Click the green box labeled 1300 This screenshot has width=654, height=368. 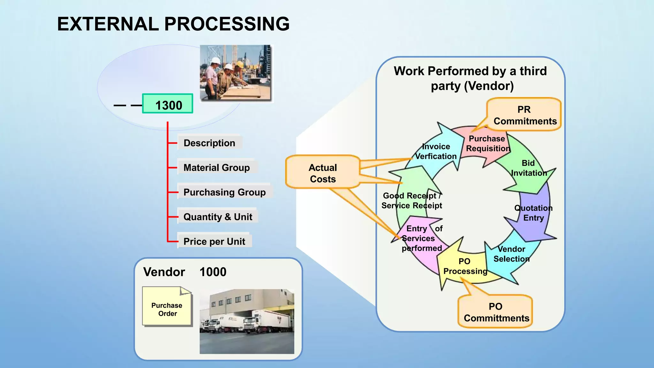tap(168, 104)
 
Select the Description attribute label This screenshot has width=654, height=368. tap(209, 143)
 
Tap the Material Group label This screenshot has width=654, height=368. tap(217, 167)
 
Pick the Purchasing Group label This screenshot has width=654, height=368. tap(224, 192)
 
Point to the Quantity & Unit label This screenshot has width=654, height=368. tap(218, 217)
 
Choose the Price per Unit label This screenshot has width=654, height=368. tap(214, 241)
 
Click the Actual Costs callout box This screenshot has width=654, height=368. tap(323, 173)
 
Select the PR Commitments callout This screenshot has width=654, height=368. tap(524, 115)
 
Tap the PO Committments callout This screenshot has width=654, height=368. tap(496, 312)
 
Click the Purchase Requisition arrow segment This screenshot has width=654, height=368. tap(487, 144)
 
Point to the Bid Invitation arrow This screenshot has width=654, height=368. tap(529, 168)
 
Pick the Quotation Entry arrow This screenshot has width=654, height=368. tap(533, 213)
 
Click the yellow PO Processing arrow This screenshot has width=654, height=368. tap(465, 266)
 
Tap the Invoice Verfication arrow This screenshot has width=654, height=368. tap(436, 151)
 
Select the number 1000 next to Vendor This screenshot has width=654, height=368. tap(213, 272)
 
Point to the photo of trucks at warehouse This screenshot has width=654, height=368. tap(247, 321)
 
